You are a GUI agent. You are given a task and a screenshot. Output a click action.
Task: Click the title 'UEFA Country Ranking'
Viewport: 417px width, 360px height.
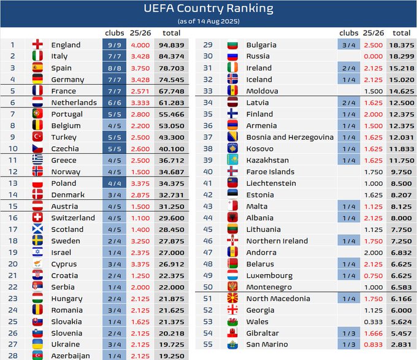point(208,9)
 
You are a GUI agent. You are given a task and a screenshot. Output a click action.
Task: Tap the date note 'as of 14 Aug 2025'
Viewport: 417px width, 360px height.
point(208,21)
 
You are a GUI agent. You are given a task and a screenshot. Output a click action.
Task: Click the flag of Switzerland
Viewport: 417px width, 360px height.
point(38,218)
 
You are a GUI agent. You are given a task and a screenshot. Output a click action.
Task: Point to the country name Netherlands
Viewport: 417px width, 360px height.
point(74,102)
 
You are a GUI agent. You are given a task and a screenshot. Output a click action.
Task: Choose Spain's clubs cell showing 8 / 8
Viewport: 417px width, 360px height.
point(115,68)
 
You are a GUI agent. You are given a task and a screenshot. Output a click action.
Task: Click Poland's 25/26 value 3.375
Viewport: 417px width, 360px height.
point(141,183)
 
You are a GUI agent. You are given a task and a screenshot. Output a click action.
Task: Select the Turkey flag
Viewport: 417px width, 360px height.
point(38,137)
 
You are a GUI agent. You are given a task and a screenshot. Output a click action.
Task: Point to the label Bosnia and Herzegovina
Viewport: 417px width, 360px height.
point(289,137)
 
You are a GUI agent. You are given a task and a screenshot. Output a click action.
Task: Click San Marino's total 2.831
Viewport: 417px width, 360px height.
point(402,345)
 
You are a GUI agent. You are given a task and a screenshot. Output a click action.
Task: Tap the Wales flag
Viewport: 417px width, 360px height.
point(232,321)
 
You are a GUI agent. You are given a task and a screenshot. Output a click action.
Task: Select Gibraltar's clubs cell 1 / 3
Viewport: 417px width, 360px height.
point(349,333)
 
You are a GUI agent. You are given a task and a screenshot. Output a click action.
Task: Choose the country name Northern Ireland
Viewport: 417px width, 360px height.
point(277,241)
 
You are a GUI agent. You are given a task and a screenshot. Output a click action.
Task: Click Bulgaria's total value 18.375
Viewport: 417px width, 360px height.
point(402,45)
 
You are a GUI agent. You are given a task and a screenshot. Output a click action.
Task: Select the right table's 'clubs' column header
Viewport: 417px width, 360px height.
point(349,33)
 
